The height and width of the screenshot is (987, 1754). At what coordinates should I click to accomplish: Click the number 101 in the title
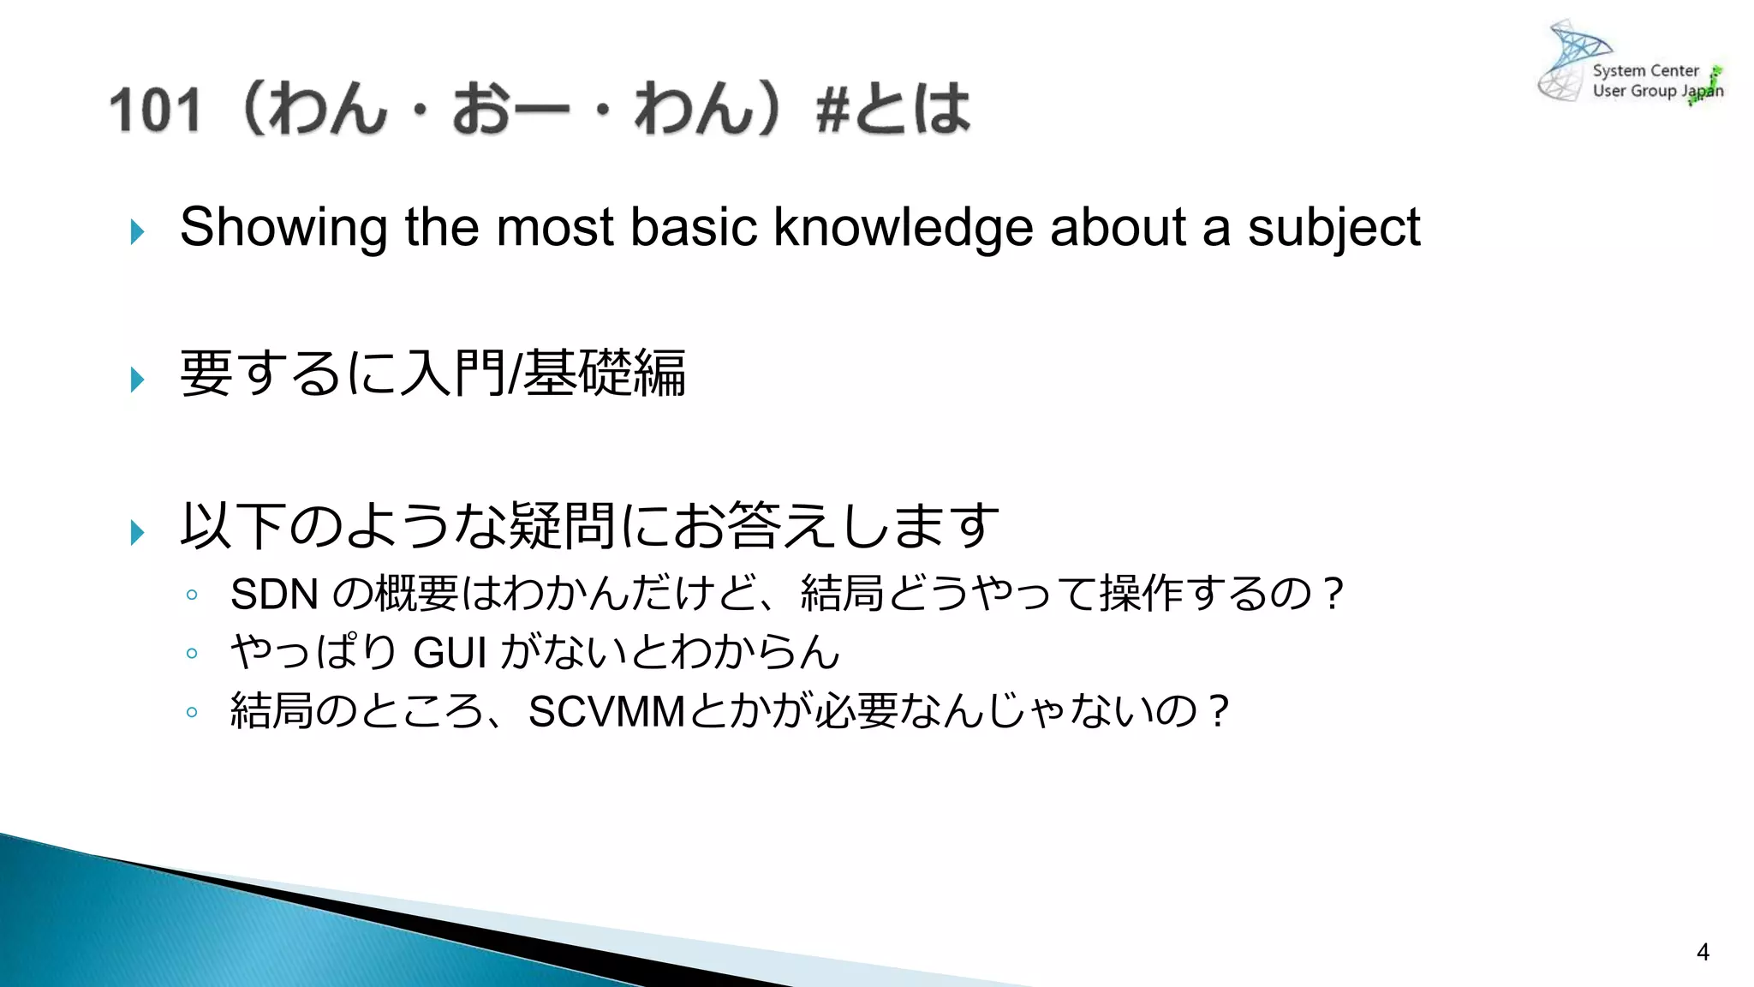155,111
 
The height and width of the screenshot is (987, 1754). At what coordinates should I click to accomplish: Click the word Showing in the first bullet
283,228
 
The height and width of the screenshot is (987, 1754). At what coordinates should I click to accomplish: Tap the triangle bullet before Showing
137,231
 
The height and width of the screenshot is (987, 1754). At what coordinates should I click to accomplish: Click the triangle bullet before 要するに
137,379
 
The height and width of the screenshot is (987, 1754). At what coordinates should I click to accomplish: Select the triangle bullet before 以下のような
137,532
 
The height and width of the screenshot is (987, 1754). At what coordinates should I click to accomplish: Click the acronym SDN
274,595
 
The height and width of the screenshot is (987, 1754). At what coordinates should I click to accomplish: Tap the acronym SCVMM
606,711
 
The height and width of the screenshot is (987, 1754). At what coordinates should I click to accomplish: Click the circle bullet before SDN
192,595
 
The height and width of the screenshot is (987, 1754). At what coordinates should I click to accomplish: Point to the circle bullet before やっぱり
192,654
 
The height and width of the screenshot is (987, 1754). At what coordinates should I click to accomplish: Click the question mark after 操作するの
1332,594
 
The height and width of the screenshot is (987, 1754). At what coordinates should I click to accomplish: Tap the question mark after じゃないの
1218,711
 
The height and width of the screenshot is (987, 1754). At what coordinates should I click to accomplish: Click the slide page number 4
1703,952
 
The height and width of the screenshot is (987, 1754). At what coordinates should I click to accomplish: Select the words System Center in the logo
1645,71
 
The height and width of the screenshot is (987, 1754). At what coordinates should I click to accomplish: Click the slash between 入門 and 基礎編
514,374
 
